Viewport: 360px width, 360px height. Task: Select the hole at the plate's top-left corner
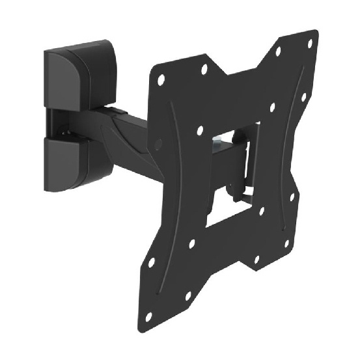tap(161, 79)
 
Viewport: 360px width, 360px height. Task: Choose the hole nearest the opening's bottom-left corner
tap(191, 244)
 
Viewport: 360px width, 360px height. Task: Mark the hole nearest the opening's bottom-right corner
tap(261, 212)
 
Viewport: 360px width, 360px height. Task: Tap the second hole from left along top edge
tap(204, 68)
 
